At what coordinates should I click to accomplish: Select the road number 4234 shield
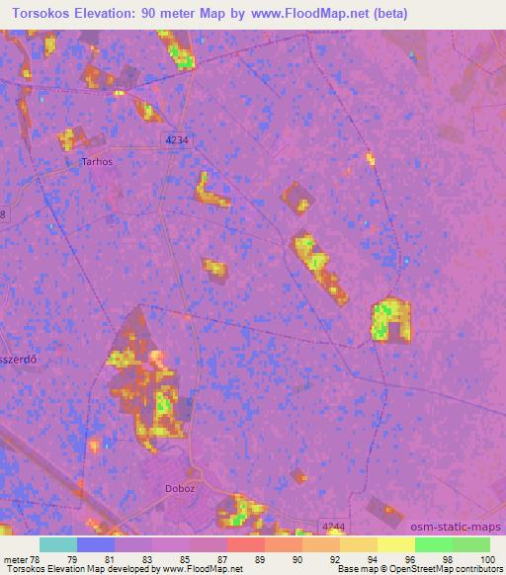click(177, 141)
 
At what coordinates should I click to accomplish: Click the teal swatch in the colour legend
click(57, 544)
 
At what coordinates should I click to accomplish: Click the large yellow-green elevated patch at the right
click(390, 319)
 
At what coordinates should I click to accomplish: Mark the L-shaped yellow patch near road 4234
click(211, 191)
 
